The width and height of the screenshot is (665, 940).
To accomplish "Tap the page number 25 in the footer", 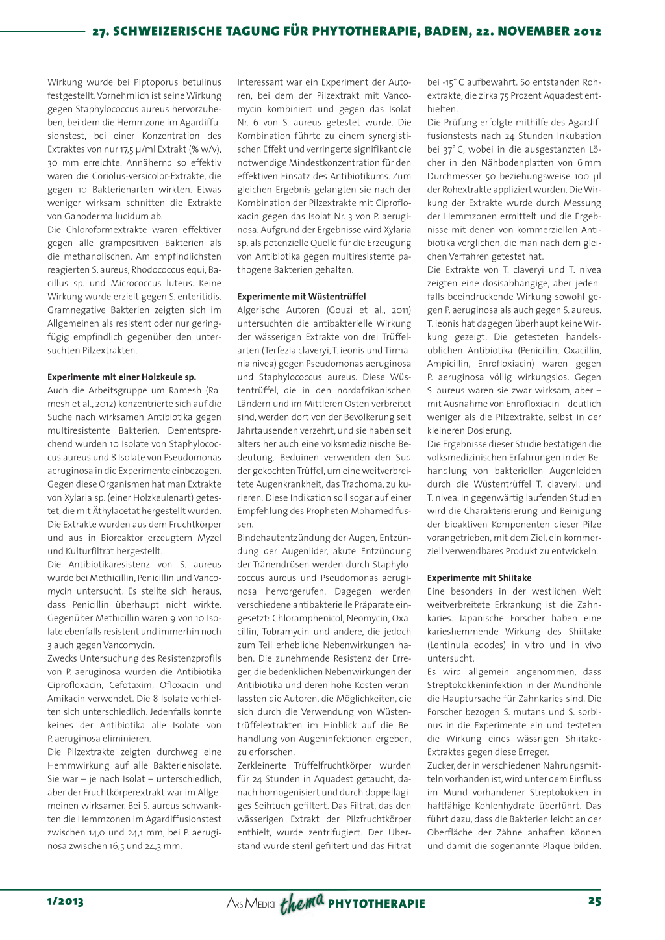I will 594,901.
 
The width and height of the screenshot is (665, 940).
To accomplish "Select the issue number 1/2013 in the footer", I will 65,901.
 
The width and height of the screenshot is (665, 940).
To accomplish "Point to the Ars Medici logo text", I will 251,904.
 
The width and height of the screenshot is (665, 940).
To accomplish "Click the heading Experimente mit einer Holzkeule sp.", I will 121,377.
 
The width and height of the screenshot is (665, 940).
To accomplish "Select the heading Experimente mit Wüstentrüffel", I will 301,296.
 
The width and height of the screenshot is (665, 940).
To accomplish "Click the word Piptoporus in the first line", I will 158,82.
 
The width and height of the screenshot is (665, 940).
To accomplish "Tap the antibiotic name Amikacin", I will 67,699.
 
